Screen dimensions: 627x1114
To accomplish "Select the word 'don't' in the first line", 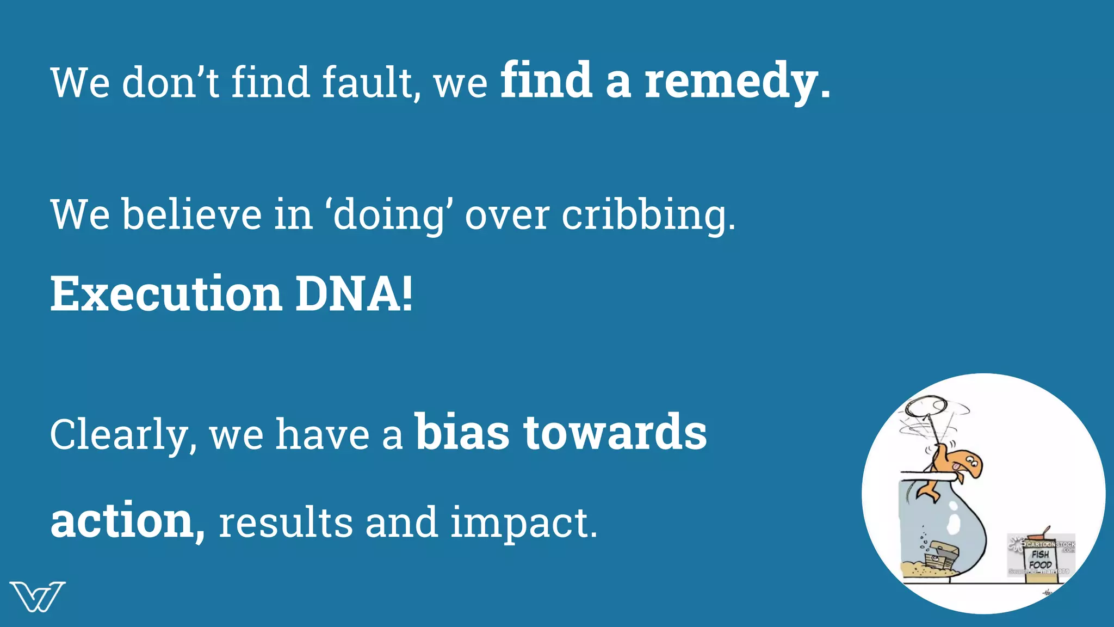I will [x=171, y=83].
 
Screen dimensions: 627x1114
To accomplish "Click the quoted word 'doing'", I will [x=388, y=216].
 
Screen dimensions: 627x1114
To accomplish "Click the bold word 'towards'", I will [x=615, y=433].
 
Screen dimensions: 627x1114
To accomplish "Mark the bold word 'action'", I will [x=123, y=521].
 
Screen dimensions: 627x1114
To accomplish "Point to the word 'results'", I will [x=286, y=522].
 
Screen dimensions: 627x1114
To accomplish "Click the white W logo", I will [x=37, y=597].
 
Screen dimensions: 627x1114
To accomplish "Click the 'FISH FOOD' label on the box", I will [x=1040, y=560].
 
